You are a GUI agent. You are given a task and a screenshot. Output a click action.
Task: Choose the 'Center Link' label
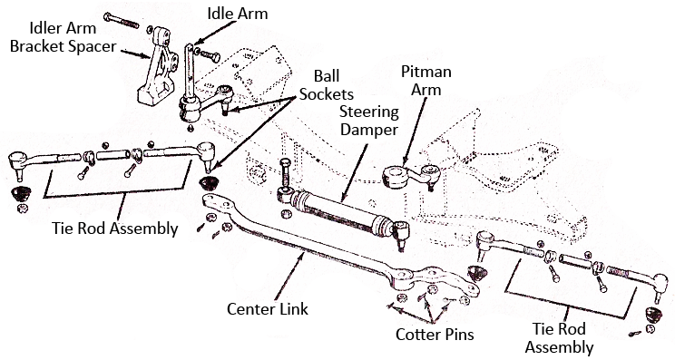268,309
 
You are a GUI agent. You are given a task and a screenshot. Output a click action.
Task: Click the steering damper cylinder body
339,208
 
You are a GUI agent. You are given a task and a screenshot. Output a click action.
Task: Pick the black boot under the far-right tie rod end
651,316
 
